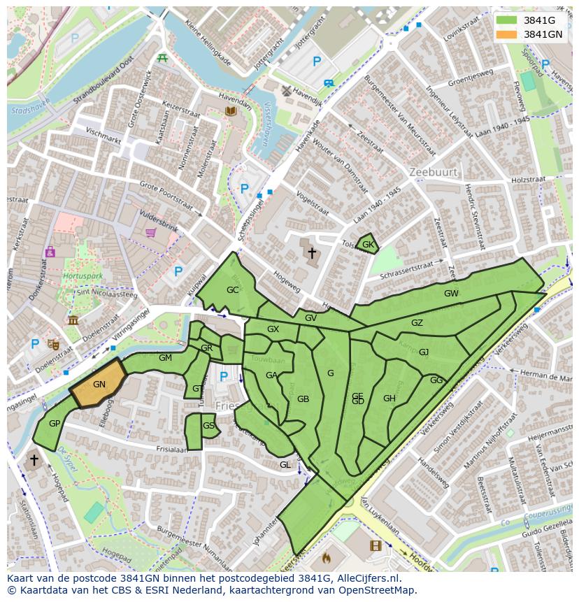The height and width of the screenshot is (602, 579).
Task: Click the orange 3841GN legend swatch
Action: point(508,34)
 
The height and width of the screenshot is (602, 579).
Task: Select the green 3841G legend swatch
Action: point(508,20)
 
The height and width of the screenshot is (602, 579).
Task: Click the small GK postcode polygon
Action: point(368,245)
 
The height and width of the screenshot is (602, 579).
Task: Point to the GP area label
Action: point(54,423)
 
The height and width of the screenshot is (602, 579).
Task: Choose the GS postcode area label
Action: point(208,425)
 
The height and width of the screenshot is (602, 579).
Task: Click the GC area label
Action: point(233,289)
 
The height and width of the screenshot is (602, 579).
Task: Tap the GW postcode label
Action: point(451,294)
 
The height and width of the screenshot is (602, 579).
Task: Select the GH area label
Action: point(389,399)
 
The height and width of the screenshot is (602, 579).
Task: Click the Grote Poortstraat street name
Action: point(166,196)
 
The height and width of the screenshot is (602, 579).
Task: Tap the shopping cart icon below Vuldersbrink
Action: point(150,233)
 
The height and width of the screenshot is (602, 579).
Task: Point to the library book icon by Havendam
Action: point(230,110)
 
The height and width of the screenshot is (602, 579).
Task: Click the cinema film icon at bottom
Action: point(376,545)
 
